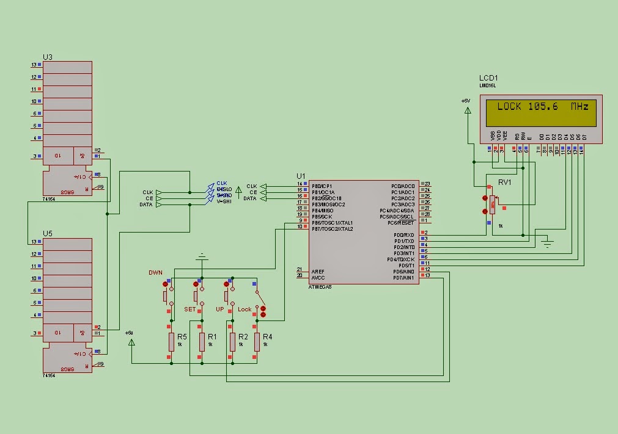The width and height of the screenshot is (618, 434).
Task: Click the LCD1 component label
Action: (488, 78)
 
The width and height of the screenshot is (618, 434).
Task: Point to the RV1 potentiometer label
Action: (504, 183)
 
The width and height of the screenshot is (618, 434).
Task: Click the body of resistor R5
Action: (171, 342)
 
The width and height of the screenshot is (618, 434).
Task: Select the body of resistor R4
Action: (257, 342)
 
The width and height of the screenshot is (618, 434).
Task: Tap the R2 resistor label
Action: (243, 337)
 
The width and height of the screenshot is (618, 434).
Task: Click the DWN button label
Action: (155, 272)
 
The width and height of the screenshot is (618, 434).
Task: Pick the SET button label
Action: (190, 309)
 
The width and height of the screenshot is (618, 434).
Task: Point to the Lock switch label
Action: (245, 309)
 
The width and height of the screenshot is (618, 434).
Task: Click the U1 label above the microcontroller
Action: (301, 176)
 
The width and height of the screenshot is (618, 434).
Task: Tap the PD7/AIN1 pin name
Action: (404, 278)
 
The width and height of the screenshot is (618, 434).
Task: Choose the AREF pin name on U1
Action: (318, 272)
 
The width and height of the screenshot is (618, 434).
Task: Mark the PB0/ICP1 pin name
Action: (323, 186)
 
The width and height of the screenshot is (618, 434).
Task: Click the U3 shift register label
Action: (47, 57)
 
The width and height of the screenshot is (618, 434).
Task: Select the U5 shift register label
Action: (47, 234)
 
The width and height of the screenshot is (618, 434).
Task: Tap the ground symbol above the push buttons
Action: (201, 257)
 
